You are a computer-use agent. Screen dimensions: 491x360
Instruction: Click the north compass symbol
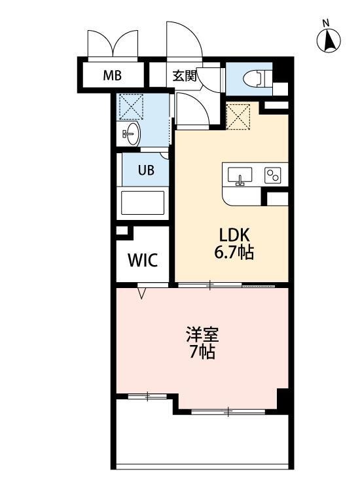click(329, 41)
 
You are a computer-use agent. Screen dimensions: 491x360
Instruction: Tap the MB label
click(112, 75)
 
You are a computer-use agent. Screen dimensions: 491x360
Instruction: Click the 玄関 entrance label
click(185, 75)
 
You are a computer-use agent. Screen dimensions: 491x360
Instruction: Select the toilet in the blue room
click(255, 79)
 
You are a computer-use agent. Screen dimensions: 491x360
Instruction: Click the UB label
click(145, 170)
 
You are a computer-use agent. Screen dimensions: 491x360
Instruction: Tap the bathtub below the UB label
click(144, 205)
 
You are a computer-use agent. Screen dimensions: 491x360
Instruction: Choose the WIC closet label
click(142, 260)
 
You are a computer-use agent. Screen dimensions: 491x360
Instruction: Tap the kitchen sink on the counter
click(240, 176)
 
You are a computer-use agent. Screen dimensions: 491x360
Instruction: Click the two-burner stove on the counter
click(272, 175)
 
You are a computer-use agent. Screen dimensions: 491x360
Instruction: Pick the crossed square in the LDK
click(238, 117)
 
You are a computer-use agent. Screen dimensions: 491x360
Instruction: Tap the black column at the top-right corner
click(282, 69)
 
